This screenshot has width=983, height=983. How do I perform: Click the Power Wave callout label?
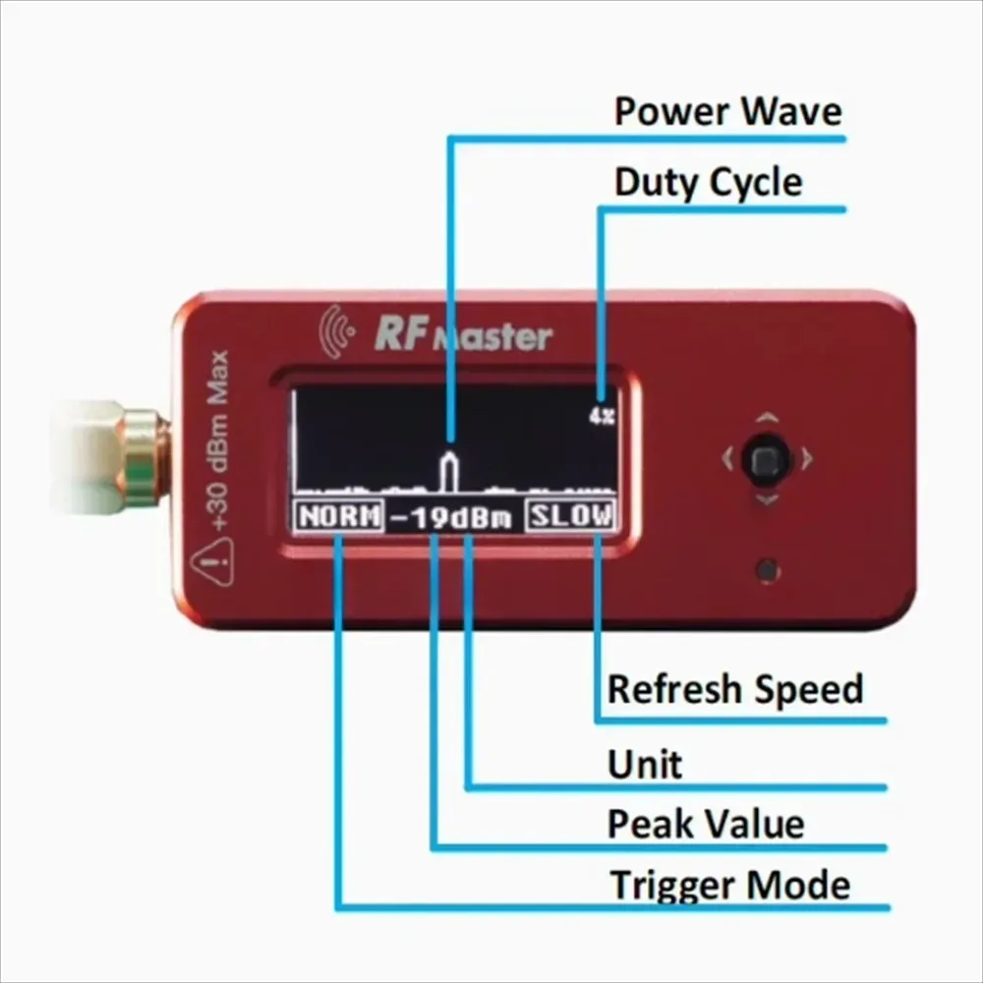[727, 111]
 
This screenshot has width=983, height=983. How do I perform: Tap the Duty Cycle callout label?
[708, 183]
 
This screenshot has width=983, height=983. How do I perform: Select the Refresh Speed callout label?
[734, 689]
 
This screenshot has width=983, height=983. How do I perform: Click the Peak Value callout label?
[705, 824]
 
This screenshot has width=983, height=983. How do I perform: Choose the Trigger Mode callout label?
[729, 885]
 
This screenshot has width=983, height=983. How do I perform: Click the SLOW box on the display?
[571, 516]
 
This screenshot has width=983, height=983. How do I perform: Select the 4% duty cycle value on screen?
[602, 416]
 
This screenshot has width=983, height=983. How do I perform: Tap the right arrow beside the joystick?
[807, 457]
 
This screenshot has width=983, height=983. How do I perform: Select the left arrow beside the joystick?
[726, 457]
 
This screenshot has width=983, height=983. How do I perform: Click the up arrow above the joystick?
[768, 418]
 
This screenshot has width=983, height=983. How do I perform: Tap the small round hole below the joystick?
[769, 568]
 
